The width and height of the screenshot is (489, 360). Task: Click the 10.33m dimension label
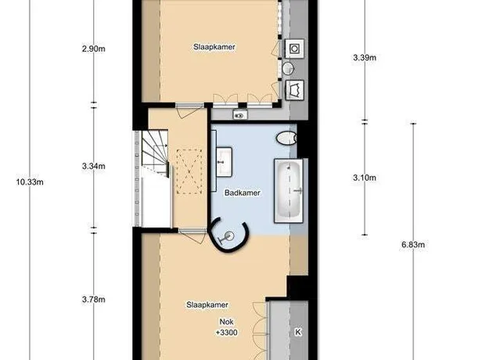click(30, 182)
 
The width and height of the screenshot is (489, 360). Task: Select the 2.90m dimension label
click(94, 49)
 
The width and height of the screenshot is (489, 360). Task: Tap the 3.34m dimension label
click(94, 166)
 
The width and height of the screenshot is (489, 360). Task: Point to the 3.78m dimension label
click(94, 300)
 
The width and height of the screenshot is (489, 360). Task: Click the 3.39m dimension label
click(365, 57)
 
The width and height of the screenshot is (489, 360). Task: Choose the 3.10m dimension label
click(365, 178)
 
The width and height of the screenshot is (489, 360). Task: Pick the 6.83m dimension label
click(413, 245)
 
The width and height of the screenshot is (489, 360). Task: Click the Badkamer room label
click(243, 193)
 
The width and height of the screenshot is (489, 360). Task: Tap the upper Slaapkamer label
click(214, 47)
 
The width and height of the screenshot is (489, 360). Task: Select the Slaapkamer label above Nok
click(207, 304)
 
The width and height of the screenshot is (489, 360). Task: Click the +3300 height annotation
click(227, 333)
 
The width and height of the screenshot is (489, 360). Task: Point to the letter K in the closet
click(298, 332)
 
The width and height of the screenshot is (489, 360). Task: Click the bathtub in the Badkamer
click(289, 191)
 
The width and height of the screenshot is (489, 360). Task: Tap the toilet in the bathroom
click(286, 138)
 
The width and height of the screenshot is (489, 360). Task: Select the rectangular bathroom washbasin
click(224, 162)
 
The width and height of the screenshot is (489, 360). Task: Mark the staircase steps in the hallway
click(155, 151)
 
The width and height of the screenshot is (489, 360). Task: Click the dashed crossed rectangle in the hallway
click(189, 171)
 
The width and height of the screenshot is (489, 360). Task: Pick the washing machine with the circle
click(294, 49)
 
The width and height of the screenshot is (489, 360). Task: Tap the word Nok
click(226, 322)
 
